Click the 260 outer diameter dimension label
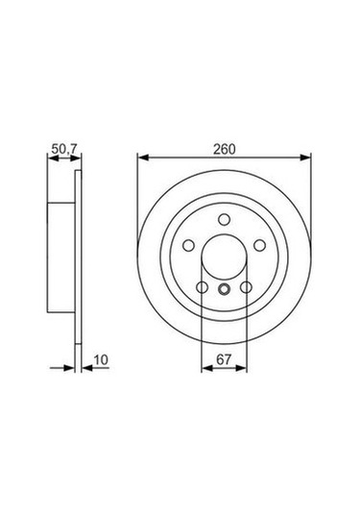point(225,149)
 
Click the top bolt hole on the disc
point(224,218)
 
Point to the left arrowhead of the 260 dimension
point(143,157)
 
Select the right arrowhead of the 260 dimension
point(306,157)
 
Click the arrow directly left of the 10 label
point(84,366)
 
